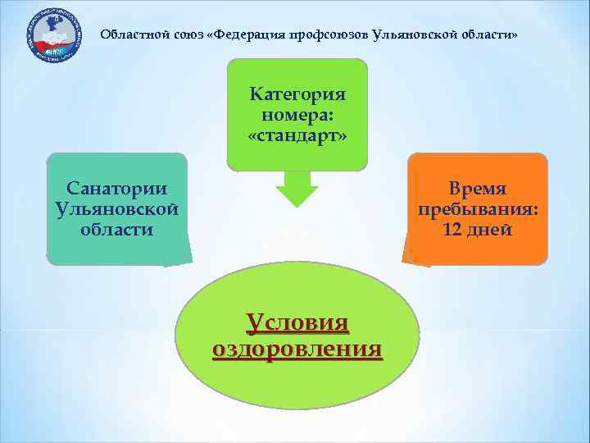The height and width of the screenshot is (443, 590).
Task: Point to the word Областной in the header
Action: (128, 36)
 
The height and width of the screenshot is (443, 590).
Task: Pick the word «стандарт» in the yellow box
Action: (297, 134)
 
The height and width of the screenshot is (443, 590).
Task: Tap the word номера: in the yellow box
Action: (297, 114)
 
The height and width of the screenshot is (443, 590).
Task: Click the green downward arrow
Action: (296, 190)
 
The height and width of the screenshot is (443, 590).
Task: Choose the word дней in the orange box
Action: (489, 230)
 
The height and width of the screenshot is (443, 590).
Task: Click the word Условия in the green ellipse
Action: (297, 322)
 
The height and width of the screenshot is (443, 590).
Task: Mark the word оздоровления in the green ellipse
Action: (297, 349)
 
